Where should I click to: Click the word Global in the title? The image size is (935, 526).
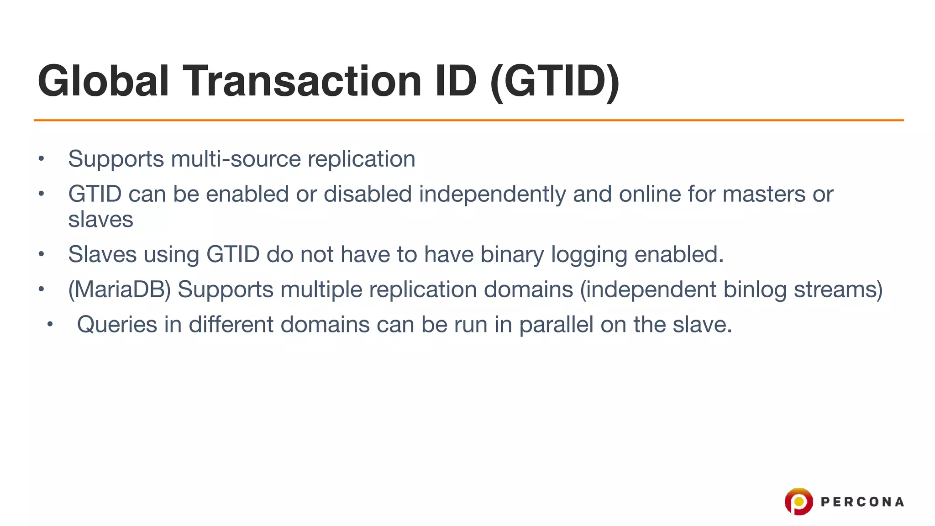pos(104,81)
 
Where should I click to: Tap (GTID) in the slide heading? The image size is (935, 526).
pos(554,81)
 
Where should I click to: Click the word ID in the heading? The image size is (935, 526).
pos(456,81)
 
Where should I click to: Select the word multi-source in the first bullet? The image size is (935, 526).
pos(236,159)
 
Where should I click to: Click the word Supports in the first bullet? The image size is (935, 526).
pos(116,159)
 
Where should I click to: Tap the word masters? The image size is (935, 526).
pos(764,195)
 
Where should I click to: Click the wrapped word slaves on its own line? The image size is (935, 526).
pos(100,220)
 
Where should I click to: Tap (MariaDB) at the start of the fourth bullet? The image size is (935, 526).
pos(119,290)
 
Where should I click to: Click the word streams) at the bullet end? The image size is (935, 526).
pos(838,290)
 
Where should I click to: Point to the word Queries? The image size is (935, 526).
pos(117,325)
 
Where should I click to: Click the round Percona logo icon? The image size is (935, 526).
pos(798,501)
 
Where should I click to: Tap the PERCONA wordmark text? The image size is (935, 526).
pos(862,502)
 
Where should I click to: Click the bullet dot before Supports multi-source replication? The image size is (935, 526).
pos(41,159)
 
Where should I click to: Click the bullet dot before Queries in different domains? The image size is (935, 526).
pos(50,325)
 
